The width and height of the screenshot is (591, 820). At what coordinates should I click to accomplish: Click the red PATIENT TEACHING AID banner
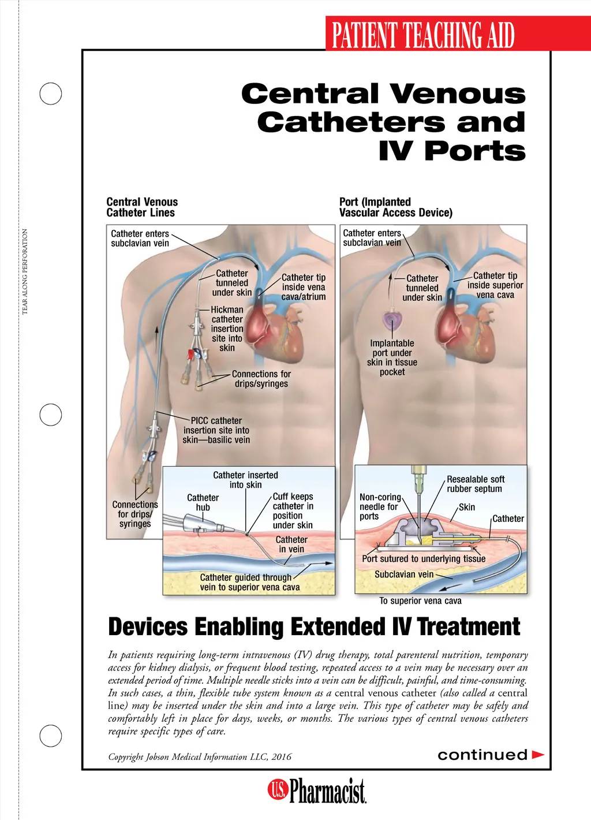pos(458,33)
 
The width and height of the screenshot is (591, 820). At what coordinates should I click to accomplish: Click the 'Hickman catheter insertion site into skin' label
pos(227,329)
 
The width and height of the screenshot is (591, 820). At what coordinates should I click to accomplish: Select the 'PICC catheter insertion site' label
pos(216,430)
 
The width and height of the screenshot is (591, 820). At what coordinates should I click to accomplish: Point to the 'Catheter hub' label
pos(203,502)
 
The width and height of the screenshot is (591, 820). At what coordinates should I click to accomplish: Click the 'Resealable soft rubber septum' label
pos(476,484)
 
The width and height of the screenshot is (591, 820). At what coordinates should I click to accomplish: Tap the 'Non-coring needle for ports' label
pos(380,506)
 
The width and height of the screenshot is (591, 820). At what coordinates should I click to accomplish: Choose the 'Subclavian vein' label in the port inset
pos(404,575)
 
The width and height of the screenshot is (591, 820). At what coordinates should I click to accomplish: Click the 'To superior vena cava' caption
pos(420,601)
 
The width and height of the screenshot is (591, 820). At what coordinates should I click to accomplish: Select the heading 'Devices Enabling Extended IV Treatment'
pos(314,627)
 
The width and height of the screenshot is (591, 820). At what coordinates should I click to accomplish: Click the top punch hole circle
pos(50,83)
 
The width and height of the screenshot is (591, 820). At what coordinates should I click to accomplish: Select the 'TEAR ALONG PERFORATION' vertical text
pos(24,271)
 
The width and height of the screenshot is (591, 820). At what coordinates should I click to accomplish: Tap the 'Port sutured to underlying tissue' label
pos(424,558)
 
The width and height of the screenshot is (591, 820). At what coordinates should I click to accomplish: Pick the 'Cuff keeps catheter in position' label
pos(293,510)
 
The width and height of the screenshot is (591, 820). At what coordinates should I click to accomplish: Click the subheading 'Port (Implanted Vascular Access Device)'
pos(395,207)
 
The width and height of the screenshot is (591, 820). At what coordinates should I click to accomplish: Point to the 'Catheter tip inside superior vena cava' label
pos(495,285)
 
